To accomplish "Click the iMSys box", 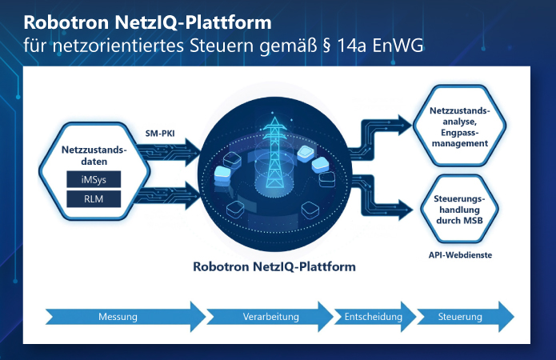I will point(92,179).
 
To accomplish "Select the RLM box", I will point(92,198).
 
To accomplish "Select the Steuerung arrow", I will point(462,317).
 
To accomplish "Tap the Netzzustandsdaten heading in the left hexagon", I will point(92,154).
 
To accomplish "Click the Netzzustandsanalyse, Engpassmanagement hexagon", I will point(461,126).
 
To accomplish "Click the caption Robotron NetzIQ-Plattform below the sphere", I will point(274,266).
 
